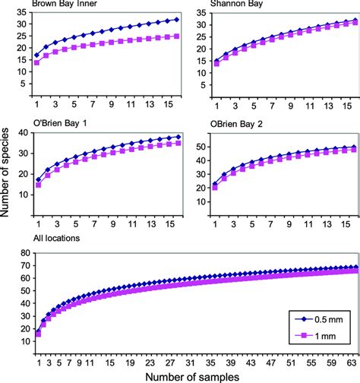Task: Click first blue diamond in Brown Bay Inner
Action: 37,55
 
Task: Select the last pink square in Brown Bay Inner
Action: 177,36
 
